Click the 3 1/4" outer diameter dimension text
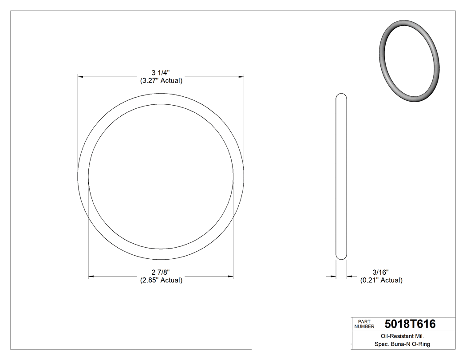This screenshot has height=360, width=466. [x=161, y=73]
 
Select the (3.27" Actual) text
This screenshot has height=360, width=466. [x=161, y=81]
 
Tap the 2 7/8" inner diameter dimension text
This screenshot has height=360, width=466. [x=161, y=272]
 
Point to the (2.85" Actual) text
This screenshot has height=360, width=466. [x=161, y=280]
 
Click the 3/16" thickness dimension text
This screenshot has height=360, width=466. [x=381, y=272]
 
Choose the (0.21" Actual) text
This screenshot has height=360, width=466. [x=381, y=280]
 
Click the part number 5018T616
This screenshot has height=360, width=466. [x=410, y=324]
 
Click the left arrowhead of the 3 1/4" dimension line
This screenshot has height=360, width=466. [x=80, y=77]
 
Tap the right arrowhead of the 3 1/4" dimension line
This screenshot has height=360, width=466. [x=241, y=77]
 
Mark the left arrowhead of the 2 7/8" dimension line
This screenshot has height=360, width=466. [x=91, y=277]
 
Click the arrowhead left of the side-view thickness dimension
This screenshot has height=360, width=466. [x=333, y=277]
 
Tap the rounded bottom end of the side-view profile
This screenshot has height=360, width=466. [x=341, y=257]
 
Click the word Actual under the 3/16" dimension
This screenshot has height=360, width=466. [x=391, y=280]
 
